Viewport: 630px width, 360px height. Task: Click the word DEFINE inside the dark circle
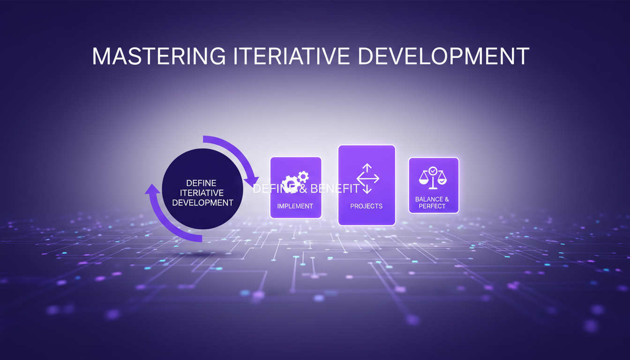(201, 183)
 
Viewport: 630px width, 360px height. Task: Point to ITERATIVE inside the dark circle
(202, 193)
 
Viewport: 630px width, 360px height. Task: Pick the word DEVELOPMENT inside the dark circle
(202, 203)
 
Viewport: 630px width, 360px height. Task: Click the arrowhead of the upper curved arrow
(253, 181)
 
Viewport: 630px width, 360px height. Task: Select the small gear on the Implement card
(303, 176)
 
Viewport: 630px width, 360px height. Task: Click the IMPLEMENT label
(295, 206)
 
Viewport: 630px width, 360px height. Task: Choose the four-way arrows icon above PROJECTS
(367, 179)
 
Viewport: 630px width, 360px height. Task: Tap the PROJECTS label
(367, 206)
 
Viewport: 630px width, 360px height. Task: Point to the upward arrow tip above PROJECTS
(367, 166)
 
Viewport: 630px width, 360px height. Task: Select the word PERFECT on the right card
(432, 206)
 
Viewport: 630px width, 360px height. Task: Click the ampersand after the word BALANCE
(446, 199)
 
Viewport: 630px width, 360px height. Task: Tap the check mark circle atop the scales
(433, 171)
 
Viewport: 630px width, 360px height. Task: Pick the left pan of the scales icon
(424, 180)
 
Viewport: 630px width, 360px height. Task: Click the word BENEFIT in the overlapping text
(335, 189)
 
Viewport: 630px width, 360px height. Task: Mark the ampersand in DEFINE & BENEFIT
(302, 189)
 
